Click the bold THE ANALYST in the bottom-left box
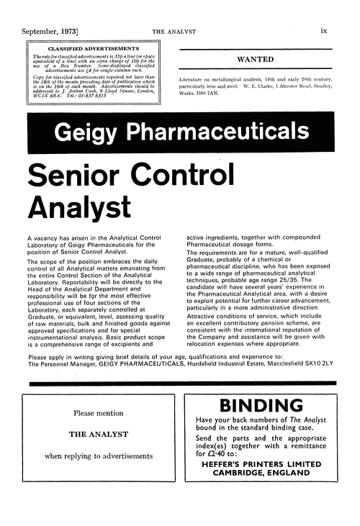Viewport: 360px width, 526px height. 99,435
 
